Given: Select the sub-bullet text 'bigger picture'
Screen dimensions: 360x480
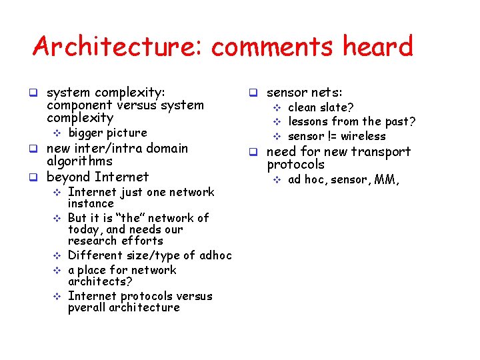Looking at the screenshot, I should tap(107, 133).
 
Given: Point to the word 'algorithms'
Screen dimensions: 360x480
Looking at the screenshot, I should tap(79, 161).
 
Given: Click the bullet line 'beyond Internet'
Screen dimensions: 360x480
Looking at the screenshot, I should tap(97, 177).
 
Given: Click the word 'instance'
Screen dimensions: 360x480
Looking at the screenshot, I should tap(91, 203).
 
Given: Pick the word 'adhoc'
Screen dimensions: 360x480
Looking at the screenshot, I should tap(215, 255).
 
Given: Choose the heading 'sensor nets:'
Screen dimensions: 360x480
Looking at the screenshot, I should tap(305, 93).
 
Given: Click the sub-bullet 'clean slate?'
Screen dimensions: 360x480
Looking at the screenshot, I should tap(321, 107).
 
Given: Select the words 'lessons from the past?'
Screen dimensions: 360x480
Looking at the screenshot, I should tap(351, 121).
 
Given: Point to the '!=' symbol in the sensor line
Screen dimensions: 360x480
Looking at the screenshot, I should tap(331, 136).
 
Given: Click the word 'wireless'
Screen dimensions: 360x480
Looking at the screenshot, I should tap(363, 136).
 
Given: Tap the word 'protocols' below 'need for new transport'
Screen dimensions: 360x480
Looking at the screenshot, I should tap(295, 165).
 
